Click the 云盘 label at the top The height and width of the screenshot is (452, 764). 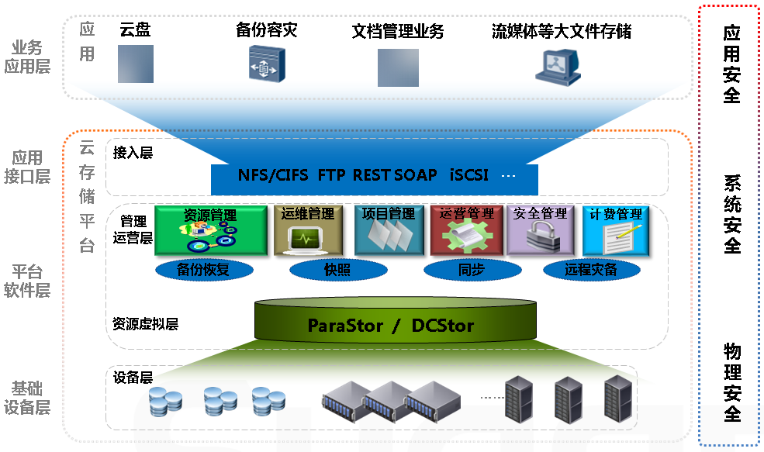[x=135, y=29]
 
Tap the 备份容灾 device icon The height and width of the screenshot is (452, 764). [x=267, y=64]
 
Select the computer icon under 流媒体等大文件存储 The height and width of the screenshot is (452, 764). [x=558, y=67]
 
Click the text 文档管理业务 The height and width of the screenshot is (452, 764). [x=398, y=31]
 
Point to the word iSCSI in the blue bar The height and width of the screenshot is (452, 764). [x=468, y=175]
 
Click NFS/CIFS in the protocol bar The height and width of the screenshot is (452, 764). [x=273, y=175]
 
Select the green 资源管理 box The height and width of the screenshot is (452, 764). [x=211, y=230]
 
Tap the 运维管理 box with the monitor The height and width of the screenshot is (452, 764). [x=308, y=230]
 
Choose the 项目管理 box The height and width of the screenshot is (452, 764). [x=389, y=230]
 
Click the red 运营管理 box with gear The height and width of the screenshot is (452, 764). [x=466, y=230]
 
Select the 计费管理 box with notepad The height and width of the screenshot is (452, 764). [x=616, y=230]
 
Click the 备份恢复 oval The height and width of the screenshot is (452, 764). [x=204, y=270]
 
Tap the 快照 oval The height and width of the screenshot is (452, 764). [x=338, y=270]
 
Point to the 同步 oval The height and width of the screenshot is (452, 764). [x=472, y=270]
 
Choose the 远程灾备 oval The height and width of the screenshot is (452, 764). [x=592, y=270]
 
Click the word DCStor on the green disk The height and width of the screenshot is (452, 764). [x=442, y=326]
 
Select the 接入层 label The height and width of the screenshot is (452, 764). [x=133, y=153]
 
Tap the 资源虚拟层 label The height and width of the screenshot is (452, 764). [x=145, y=324]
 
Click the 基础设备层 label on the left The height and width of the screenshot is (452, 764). [x=27, y=398]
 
